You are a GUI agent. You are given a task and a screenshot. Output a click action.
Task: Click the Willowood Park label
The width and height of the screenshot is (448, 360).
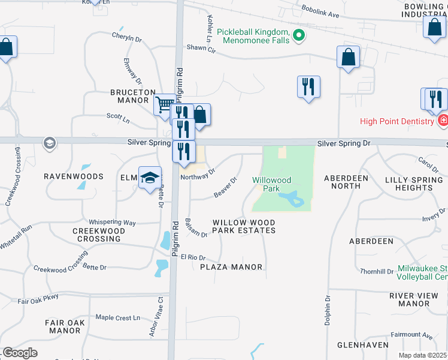coord(271,184)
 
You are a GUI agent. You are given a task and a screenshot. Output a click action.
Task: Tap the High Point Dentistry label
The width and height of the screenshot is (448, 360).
coord(396,121)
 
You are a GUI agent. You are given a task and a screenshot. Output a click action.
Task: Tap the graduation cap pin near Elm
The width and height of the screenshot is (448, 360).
coord(150,178)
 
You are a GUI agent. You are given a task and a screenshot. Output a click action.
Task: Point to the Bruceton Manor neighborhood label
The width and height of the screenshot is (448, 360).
coord(129,96)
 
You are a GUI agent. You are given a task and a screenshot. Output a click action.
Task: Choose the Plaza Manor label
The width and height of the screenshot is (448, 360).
coord(231,266)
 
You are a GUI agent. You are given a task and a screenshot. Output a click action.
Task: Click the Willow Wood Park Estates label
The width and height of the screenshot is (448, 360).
coord(244,227)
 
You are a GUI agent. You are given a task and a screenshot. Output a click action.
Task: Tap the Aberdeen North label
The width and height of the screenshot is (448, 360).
coord(350,182)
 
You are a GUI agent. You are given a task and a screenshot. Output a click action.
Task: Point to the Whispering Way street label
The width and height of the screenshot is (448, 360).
coord(113,222)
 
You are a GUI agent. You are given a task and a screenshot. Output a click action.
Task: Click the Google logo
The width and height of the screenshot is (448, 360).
coord(20,353)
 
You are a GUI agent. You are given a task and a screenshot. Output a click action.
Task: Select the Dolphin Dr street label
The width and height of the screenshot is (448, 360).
coord(328,310)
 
